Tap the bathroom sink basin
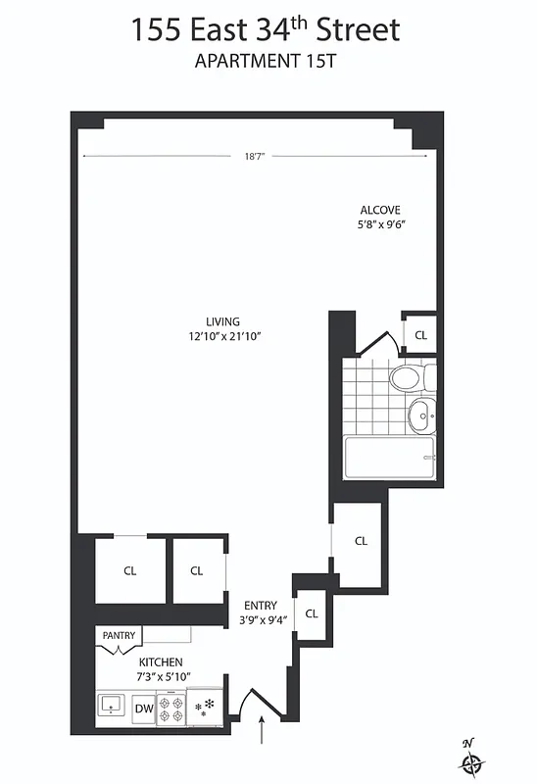tap(422, 416)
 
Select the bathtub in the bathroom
tap(389, 458)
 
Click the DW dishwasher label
tap(143, 708)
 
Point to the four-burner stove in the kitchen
tap(171, 709)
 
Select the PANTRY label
tap(119, 636)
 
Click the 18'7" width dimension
tap(255, 156)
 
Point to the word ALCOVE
tap(380, 210)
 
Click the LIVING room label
tap(222, 321)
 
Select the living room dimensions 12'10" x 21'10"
tap(224, 336)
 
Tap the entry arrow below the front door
tap(262, 731)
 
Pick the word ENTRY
tap(260, 606)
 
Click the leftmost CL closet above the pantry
tap(129, 571)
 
